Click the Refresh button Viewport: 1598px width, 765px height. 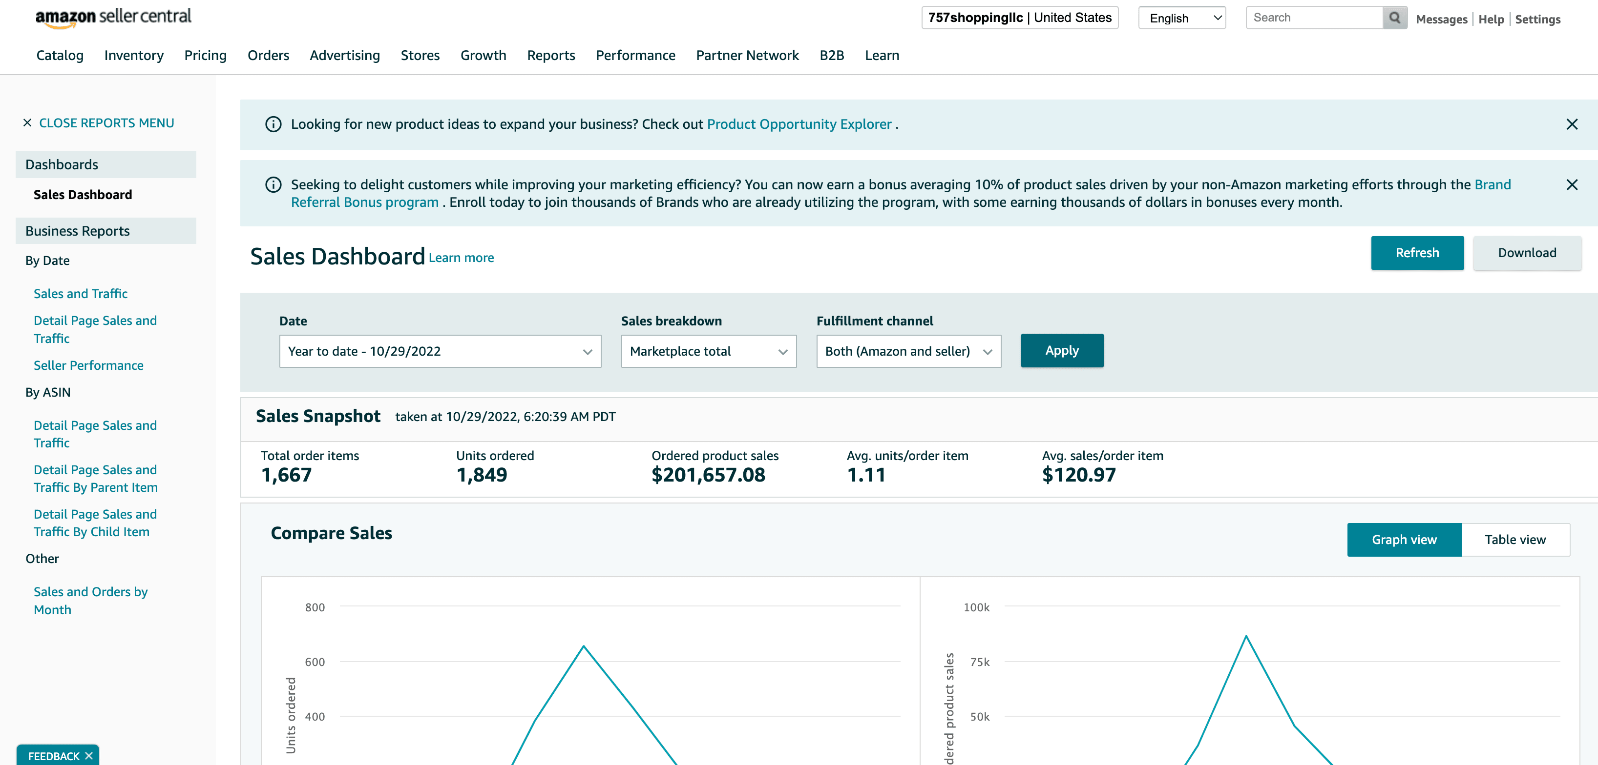coord(1417,253)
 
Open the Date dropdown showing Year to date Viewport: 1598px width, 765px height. coord(440,351)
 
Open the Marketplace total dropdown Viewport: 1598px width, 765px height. coord(709,351)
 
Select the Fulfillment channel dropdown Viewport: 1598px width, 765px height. coord(908,351)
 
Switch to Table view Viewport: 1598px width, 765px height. coord(1515,540)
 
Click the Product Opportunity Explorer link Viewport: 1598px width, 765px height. coord(799,124)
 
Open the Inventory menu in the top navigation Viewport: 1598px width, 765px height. coord(134,56)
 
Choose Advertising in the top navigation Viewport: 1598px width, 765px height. coord(345,56)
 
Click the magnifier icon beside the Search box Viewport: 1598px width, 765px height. coord(1394,18)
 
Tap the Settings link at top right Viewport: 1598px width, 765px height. coord(1537,19)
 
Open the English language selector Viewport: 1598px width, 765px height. coord(1182,18)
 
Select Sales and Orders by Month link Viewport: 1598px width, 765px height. coord(90,601)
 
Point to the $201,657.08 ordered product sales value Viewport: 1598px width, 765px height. coord(708,476)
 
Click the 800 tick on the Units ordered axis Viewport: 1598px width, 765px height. coord(315,607)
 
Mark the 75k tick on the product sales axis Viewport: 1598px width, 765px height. coord(980,662)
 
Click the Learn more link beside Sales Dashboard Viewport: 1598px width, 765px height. coord(461,258)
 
